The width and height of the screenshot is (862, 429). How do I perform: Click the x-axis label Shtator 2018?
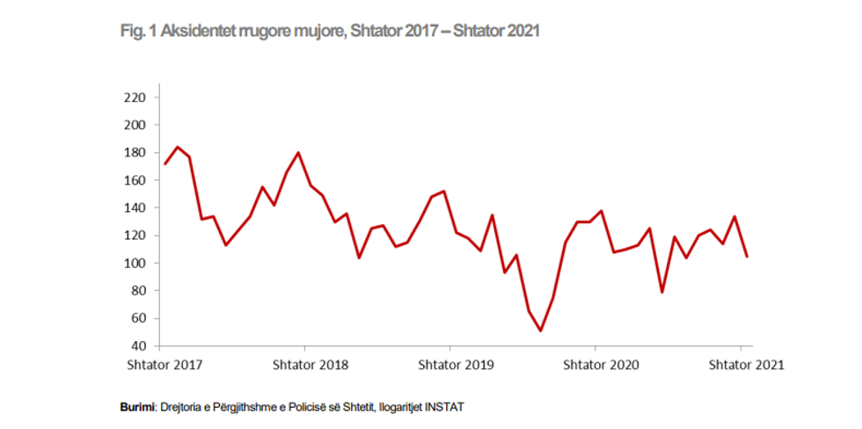tap(310, 364)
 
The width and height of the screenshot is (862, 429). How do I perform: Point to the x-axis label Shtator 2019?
tap(456, 364)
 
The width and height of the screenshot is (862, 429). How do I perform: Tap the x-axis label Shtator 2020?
tap(601, 364)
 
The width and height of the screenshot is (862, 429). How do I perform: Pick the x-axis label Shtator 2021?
tap(746, 364)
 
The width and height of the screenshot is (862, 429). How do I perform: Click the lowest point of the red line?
tap(540, 331)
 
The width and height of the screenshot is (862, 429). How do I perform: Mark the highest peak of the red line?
tap(178, 147)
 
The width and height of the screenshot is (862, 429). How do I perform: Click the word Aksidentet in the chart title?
tap(195, 32)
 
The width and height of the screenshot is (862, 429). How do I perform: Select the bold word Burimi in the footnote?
tap(137, 408)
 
